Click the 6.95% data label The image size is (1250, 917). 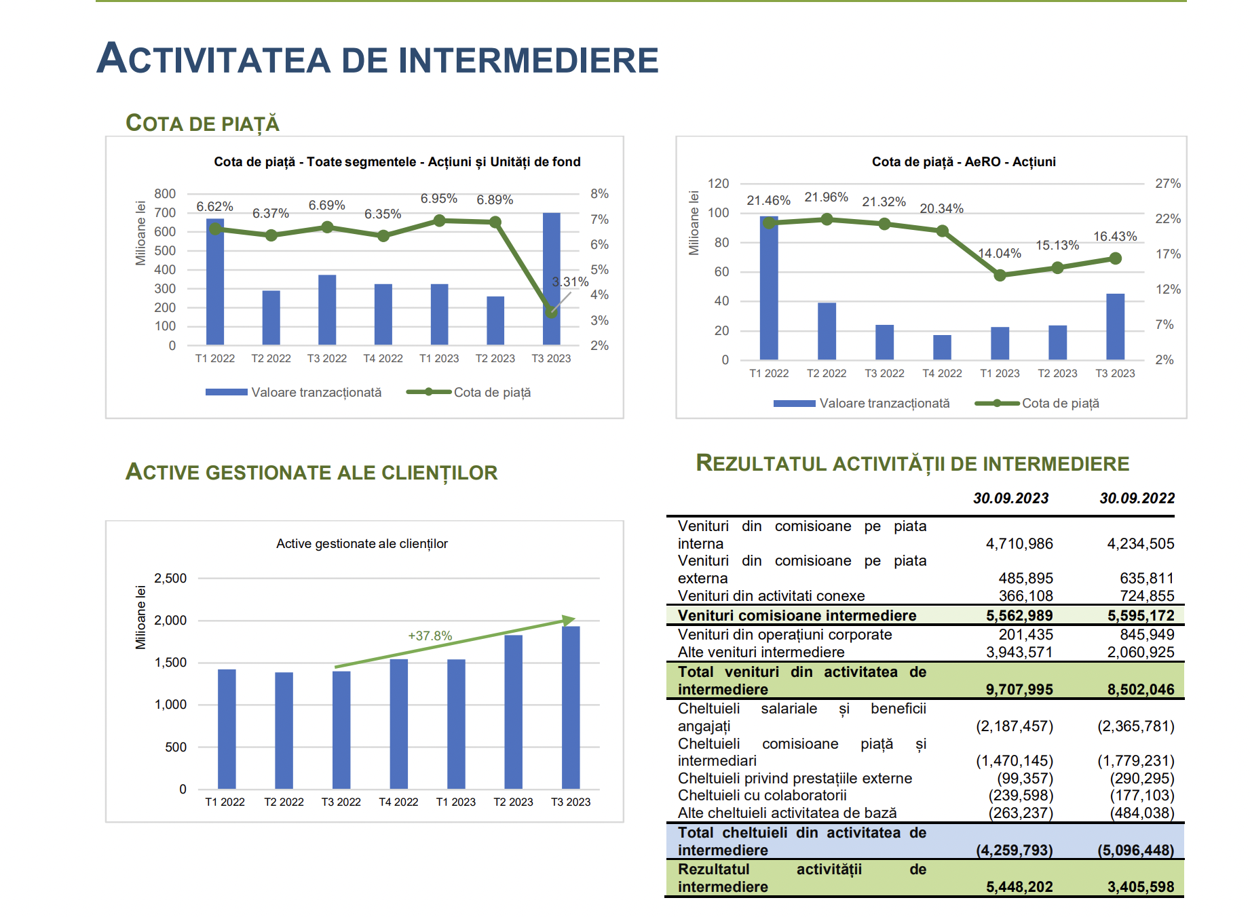click(438, 199)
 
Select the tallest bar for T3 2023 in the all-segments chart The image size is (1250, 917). click(551, 279)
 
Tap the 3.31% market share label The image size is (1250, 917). click(570, 281)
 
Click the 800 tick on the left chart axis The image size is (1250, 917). click(165, 194)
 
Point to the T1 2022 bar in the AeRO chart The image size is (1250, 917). click(769, 288)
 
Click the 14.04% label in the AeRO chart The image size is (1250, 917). click(999, 253)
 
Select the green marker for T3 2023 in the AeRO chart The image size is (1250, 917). click(1115, 258)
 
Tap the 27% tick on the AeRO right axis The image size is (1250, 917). click(1168, 184)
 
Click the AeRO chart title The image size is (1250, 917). click(964, 161)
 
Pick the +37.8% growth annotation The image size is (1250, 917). click(430, 636)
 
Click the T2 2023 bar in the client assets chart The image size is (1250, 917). click(514, 711)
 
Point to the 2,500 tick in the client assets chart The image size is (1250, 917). click(170, 579)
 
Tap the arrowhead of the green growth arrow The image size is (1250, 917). click(570, 620)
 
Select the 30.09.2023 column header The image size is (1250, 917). click(1010, 499)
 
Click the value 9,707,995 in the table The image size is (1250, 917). click(1019, 690)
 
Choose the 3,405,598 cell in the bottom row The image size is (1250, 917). click(1141, 887)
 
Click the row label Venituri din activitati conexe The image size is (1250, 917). click(771, 596)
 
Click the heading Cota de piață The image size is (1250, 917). click(202, 123)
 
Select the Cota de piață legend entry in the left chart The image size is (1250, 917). click(468, 392)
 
